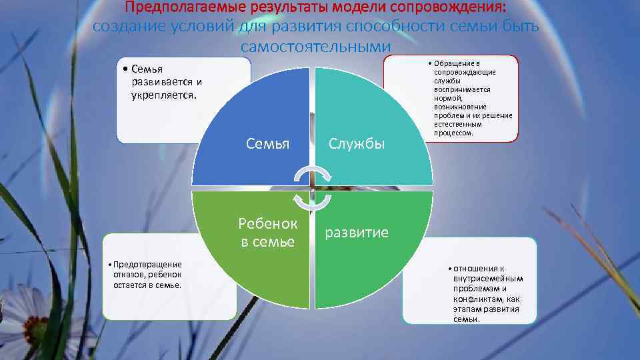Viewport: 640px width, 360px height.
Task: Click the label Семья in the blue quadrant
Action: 268,143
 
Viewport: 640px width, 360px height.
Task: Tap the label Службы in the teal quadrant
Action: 357,143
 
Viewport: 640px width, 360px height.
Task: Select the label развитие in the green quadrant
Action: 357,233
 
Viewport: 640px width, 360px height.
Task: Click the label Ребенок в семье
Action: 268,233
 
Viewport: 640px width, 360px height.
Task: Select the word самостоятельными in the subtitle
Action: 315,47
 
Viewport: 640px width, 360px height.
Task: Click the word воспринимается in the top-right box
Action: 461,89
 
